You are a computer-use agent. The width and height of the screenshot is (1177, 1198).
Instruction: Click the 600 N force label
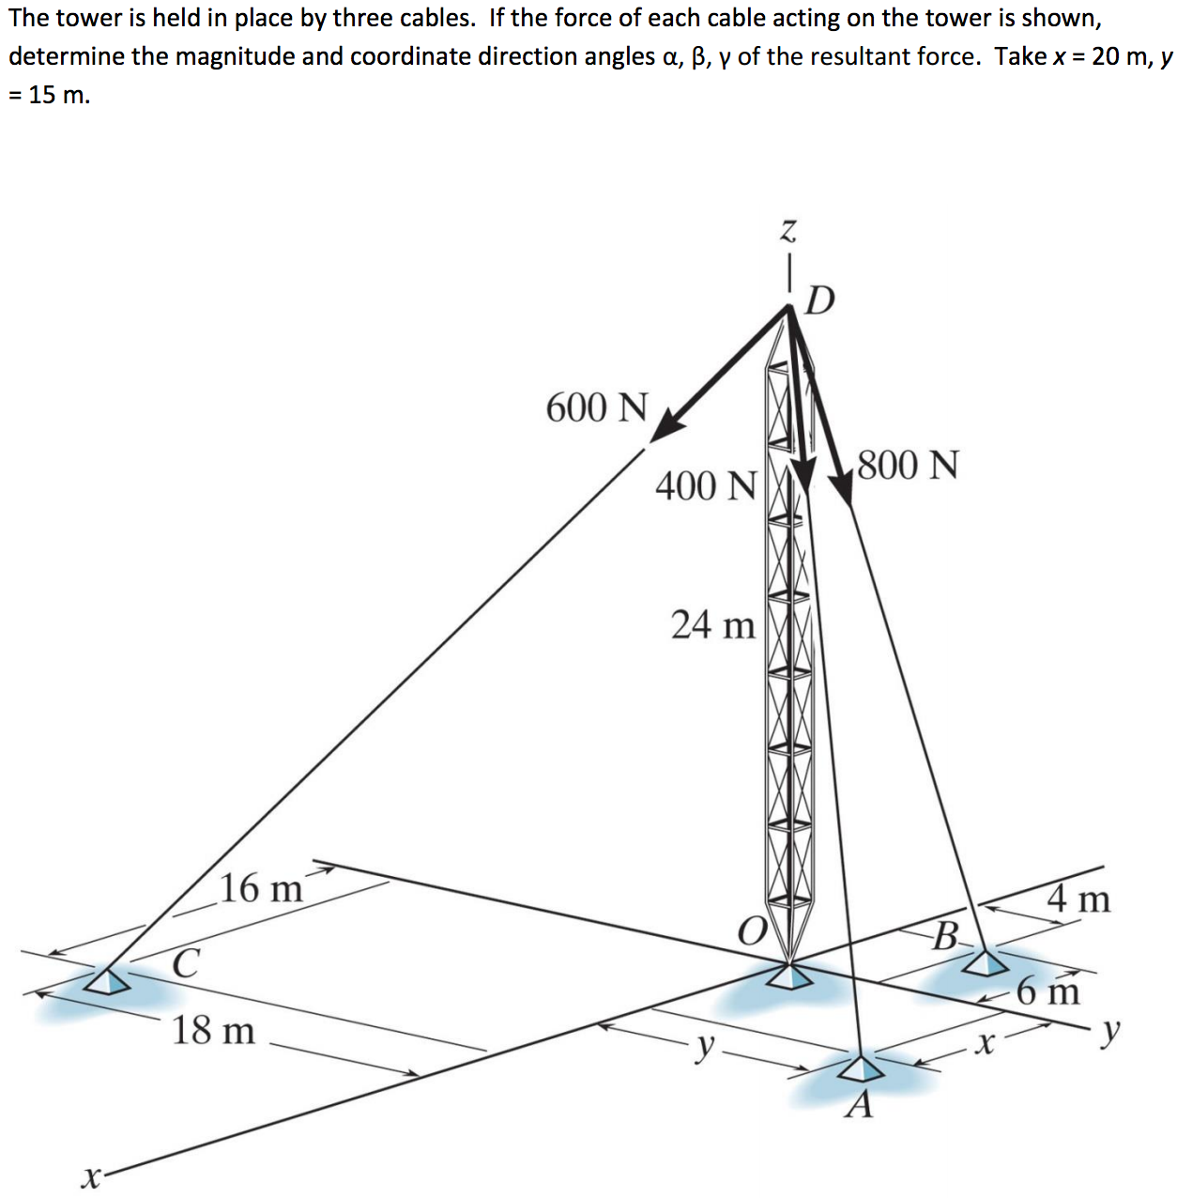[597, 407]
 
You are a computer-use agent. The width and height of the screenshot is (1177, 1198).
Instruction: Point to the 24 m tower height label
[713, 624]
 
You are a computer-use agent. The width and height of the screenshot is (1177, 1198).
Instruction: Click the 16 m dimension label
[262, 888]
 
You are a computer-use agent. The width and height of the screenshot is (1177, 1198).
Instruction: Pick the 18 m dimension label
[213, 1030]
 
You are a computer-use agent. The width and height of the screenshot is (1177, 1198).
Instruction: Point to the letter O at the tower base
[750, 931]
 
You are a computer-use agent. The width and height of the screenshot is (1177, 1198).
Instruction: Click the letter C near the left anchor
[185, 963]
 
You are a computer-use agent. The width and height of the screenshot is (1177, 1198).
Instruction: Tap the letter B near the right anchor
[946, 936]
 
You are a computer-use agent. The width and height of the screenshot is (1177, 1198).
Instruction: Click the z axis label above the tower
[787, 229]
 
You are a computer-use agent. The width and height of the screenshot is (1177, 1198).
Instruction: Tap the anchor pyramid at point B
[986, 962]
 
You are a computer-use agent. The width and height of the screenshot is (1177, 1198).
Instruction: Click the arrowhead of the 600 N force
[666, 425]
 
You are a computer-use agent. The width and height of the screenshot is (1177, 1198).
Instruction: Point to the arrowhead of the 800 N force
[842, 490]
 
